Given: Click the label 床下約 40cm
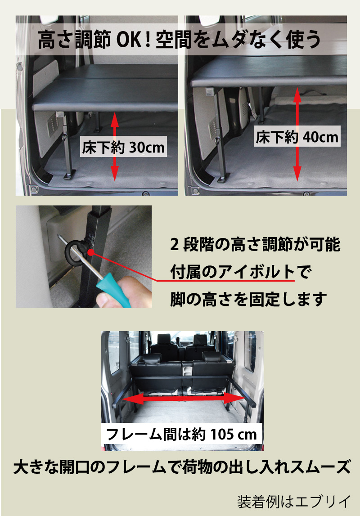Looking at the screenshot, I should [297, 136].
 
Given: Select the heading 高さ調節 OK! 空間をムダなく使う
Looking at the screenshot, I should [180, 40].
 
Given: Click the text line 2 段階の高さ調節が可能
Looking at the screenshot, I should [255, 246].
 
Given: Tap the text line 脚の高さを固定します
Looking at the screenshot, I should [247, 298].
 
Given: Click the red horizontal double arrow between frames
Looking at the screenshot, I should [182, 399].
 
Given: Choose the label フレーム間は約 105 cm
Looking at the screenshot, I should [181, 434].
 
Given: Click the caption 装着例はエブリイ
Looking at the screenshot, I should [293, 501].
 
